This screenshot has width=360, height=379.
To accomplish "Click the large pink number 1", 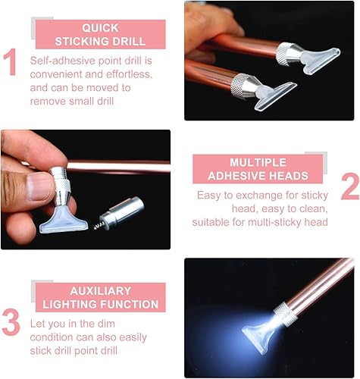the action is point(11,62).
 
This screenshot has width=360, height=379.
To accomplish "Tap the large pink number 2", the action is point(350,186).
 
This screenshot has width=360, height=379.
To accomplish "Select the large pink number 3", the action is point(11,322).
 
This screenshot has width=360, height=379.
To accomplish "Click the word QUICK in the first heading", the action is point(100,28).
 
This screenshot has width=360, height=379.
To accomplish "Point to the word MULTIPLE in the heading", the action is point(258,162).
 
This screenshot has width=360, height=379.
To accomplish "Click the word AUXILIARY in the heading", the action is point(101,291).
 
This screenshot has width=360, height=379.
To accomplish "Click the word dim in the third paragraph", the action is point(106,324).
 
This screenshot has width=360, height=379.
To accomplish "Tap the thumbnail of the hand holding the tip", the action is point(86,189).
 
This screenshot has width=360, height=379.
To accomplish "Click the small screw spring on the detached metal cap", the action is point(99,226).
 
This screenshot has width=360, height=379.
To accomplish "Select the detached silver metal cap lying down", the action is point(122,211).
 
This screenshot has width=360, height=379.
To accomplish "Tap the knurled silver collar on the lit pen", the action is point(286,314).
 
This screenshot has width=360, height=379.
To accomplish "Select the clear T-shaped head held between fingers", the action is point(64,221).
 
